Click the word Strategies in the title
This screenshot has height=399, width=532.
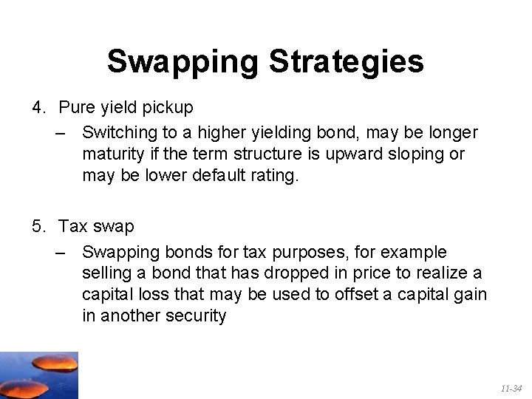(347, 62)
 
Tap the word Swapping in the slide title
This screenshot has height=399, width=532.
(185, 62)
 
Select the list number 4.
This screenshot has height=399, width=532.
(38, 107)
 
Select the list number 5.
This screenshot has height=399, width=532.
(38, 226)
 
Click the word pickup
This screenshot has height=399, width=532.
(166, 107)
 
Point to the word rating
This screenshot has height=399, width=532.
(274, 176)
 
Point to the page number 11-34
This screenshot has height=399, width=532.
(511, 388)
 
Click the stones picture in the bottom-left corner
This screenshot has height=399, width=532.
(38, 375)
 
